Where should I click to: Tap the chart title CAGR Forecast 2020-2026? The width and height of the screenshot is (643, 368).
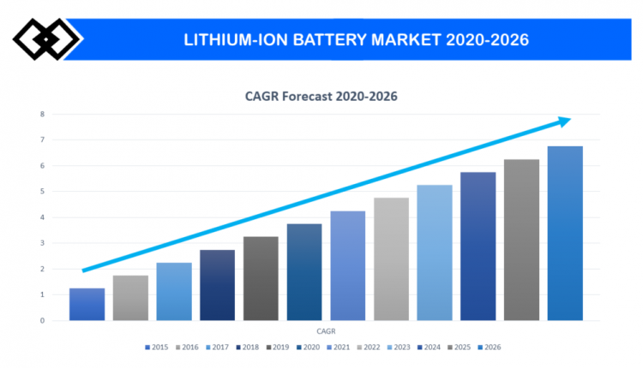321,97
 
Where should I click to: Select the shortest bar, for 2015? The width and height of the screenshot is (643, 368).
87,305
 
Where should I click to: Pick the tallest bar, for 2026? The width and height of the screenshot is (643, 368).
565,234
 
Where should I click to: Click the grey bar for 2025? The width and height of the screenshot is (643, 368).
521,240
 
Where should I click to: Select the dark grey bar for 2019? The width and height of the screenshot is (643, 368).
261,279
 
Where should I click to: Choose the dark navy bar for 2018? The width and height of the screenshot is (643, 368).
217,285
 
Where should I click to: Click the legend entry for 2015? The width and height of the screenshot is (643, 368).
157,347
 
